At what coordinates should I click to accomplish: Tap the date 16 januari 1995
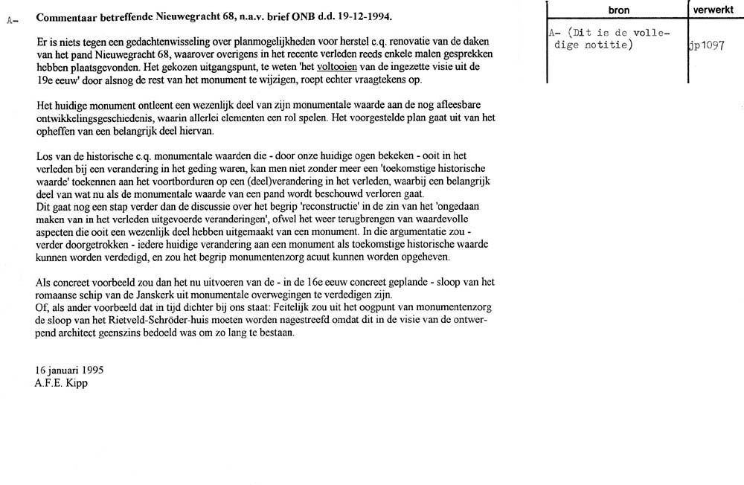(70, 370)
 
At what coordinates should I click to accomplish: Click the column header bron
(617, 10)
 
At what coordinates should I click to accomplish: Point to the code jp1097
(707, 45)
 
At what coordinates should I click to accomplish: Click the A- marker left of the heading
(11, 20)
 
